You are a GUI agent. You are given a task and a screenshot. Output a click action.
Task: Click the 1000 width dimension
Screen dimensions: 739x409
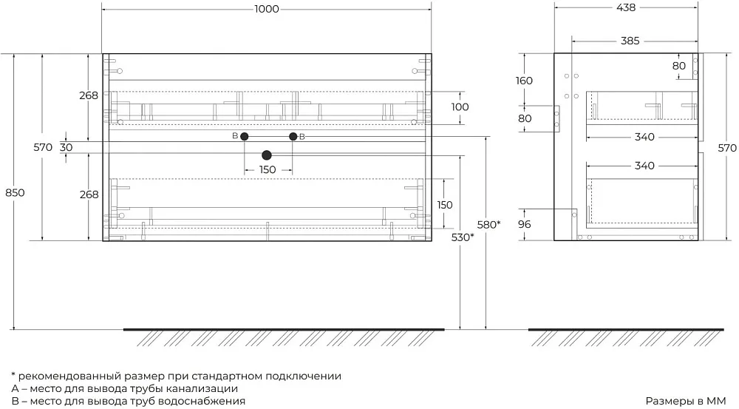pyautogui.click(x=267, y=9)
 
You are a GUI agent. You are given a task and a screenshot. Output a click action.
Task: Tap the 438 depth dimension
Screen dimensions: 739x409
pyautogui.click(x=626, y=7)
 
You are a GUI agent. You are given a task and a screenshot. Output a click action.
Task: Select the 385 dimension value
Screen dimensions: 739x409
pyautogui.click(x=630, y=41)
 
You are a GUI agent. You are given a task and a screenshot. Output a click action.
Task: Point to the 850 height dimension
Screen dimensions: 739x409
pyautogui.click(x=15, y=192)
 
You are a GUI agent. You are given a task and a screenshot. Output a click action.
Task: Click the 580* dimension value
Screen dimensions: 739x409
pyautogui.click(x=488, y=225)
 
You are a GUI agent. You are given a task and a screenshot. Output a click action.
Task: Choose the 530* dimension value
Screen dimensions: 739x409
pyautogui.click(x=463, y=237)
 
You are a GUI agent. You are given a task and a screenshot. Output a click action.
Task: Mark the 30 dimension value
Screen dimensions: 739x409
pyautogui.click(x=67, y=147)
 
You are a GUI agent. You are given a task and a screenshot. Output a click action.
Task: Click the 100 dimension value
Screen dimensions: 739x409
pyautogui.click(x=460, y=107)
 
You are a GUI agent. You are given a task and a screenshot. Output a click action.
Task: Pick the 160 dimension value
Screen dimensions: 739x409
pyautogui.click(x=524, y=81)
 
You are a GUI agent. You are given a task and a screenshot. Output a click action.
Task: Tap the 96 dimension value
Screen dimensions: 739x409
pyautogui.click(x=525, y=224)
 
